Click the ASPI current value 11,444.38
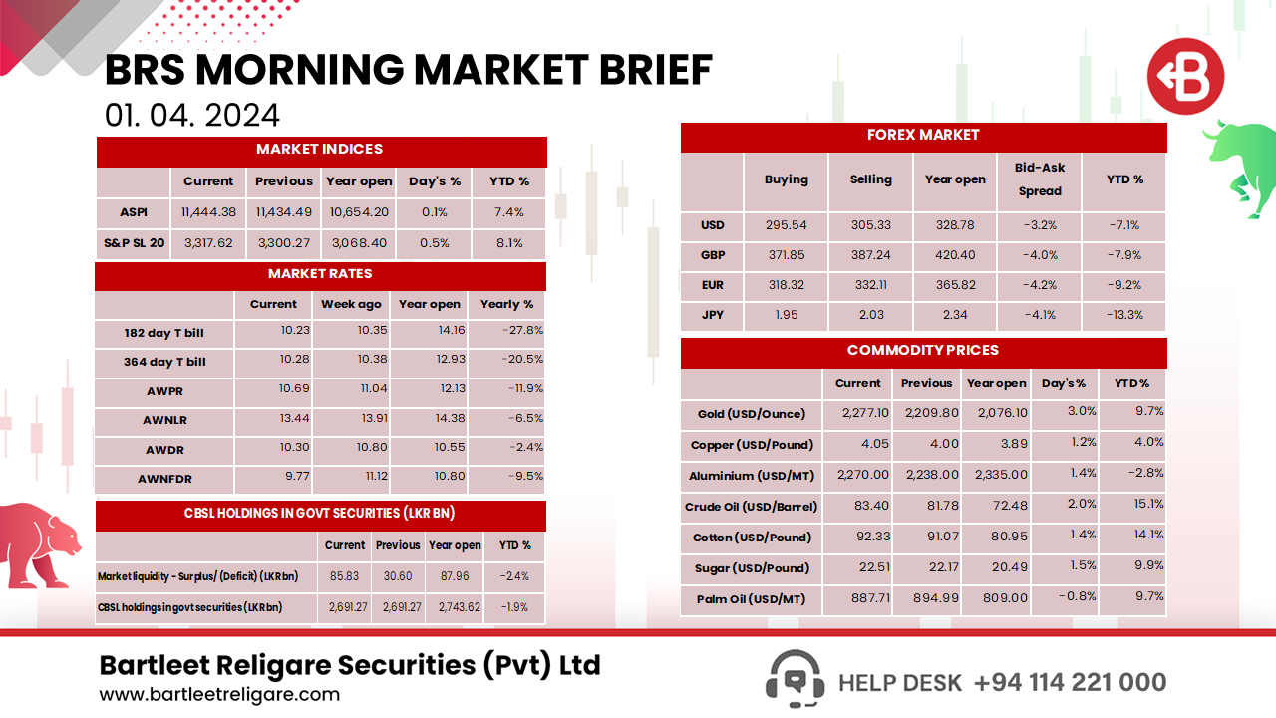208,211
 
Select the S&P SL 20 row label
134,243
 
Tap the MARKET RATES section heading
320,274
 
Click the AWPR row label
164,391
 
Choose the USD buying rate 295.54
786,225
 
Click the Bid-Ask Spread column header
1040,179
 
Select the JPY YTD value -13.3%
1124,315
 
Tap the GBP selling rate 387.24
870,255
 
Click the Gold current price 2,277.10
857,412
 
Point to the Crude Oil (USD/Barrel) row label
751,507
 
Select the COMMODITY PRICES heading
922,351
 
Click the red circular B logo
1184,77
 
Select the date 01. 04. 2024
191,116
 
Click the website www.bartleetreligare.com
219,695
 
